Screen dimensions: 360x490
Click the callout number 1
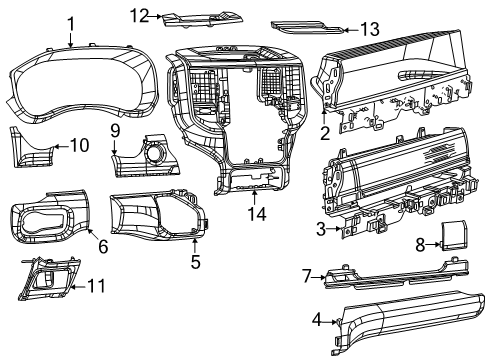click(70, 23)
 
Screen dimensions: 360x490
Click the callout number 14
click(253, 215)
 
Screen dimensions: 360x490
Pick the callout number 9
click(116, 131)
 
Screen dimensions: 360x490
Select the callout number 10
click(78, 146)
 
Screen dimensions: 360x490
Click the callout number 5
click(196, 264)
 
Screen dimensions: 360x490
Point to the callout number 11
click(96, 286)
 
